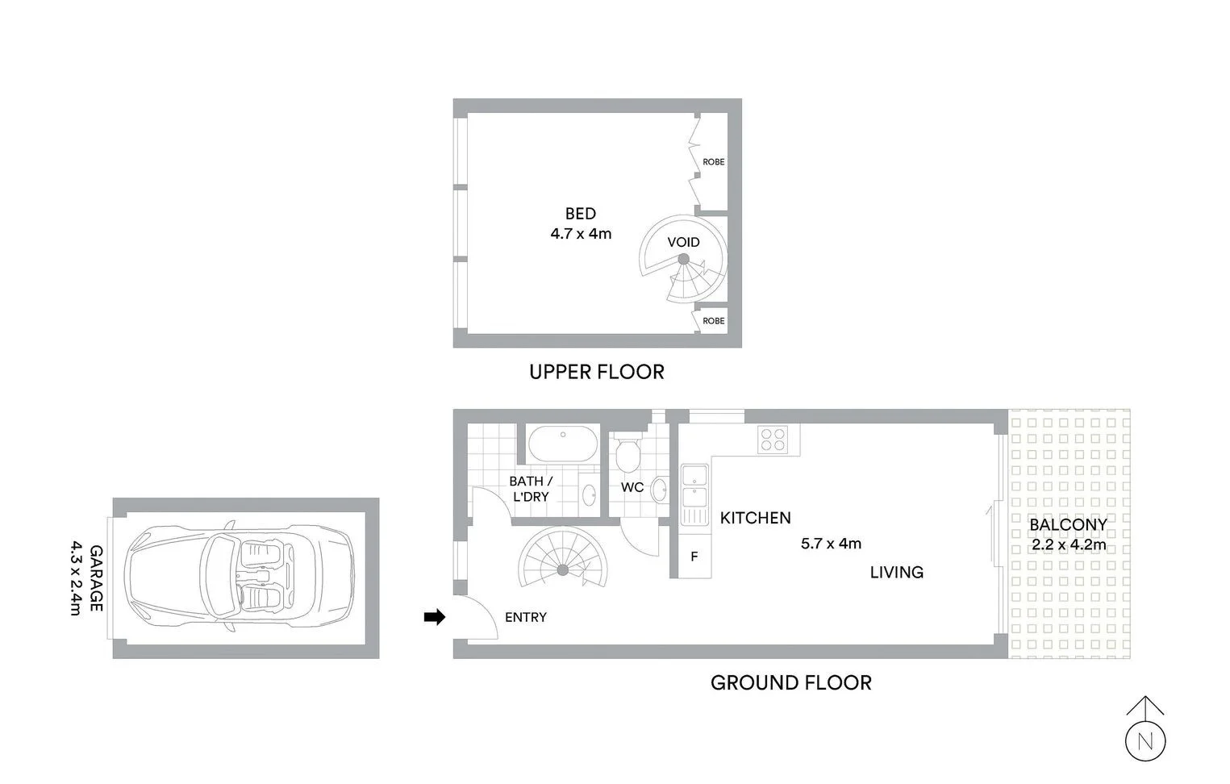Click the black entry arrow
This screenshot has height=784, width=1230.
point(435,617)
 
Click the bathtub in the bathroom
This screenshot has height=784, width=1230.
point(563,444)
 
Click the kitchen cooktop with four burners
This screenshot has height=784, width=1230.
point(773,438)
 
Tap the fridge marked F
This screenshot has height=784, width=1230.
point(694,557)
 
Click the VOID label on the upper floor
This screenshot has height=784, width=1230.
point(683,242)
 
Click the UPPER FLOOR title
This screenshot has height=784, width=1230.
point(596,372)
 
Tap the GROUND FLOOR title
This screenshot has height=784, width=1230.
point(790,683)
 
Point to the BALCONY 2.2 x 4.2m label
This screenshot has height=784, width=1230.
point(1068,534)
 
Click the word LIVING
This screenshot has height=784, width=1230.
point(896,573)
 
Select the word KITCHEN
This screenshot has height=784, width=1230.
point(755,518)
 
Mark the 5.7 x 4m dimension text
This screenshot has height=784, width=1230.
point(831,544)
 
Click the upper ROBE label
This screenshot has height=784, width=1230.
point(713,162)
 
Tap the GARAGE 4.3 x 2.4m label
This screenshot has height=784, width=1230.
point(85,578)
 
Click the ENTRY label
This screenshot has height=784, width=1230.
point(525,617)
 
